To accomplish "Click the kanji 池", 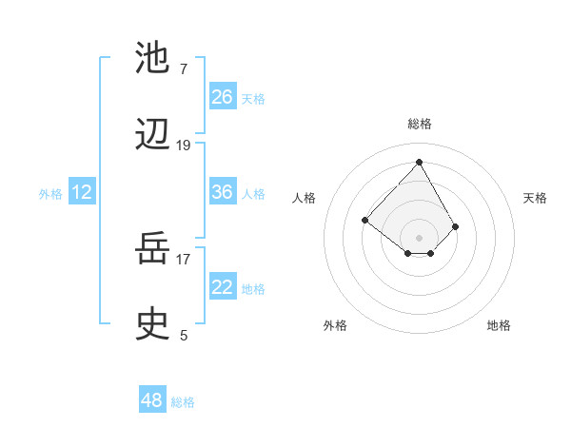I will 152,58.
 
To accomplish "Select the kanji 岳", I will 152,248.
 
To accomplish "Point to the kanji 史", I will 152,324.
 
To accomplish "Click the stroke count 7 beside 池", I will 183,69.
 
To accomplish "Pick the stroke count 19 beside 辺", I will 184,146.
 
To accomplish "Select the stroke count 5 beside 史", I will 184,335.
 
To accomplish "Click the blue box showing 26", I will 223,97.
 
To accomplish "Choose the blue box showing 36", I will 223,192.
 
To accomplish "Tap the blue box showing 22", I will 223,287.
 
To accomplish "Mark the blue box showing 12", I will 82,192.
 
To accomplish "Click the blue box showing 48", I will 152,400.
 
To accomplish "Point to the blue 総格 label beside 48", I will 183,402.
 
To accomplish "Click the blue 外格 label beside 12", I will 50,194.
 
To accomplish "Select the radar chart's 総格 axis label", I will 420,124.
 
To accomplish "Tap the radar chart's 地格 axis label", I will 499,325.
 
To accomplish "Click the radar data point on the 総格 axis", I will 419,162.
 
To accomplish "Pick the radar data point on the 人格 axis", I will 364,220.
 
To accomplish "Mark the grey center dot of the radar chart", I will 419,237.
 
